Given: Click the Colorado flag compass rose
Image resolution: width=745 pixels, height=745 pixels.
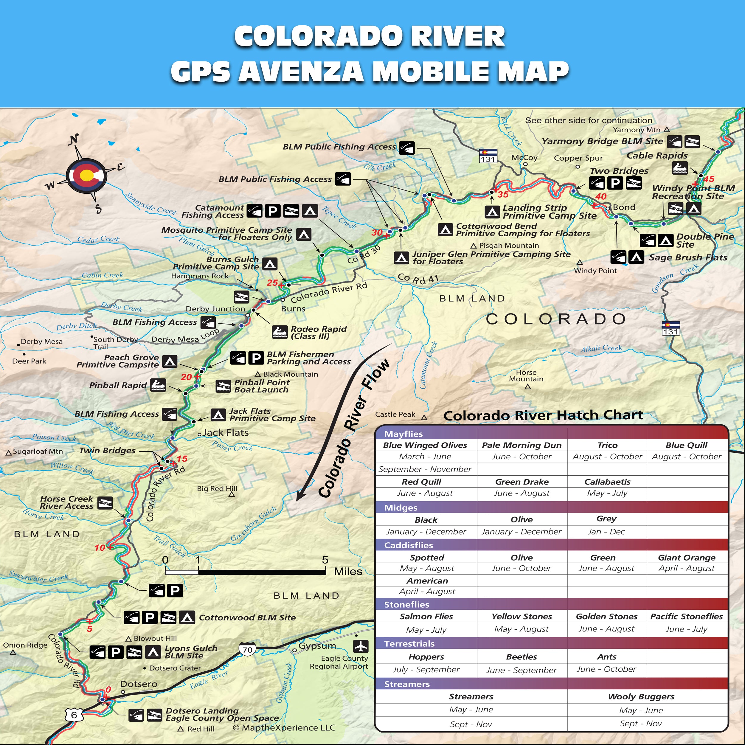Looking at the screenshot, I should pyautogui.click(x=86, y=176).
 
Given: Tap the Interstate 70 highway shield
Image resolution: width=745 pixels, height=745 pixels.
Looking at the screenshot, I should pyautogui.click(x=247, y=650).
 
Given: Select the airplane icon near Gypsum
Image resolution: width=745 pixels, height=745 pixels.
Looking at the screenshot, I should pyautogui.click(x=360, y=645).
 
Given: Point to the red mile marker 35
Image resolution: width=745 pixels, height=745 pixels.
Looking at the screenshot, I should pyautogui.click(x=503, y=194).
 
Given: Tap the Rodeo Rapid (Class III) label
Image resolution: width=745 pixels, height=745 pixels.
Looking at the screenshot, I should pyautogui.click(x=318, y=332).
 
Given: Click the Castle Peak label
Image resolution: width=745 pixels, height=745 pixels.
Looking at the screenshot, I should pyautogui.click(x=395, y=415).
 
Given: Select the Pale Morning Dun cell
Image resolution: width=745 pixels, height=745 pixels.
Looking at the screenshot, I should pyautogui.click(x=522, y=445).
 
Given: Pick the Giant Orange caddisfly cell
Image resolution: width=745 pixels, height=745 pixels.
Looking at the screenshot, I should pyautogui.click(x=686, y=558).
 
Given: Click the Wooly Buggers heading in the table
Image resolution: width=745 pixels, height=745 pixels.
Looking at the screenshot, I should pyautogui.click(x=641, y=696).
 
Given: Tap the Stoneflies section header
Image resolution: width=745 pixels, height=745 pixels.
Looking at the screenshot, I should pyautogui.click(x=406, y=605).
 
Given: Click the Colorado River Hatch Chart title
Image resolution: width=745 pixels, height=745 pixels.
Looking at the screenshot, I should pyautogui.click(x=543, y=415).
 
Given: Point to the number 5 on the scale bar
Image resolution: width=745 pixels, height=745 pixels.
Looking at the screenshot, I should pyautogui.click(x=325, y=560).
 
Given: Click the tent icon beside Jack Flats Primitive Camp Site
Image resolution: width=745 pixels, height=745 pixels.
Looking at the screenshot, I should pyautogui.click(x=218, y=415).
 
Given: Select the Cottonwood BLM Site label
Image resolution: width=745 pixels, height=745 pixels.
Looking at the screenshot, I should pyautogui.click(x=247, y=618).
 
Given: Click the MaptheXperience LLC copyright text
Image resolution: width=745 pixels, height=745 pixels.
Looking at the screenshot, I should pyautogui.click(x=284, y=728).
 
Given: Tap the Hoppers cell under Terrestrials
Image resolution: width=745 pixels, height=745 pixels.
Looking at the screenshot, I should pyautogui.click(x=426, y=657).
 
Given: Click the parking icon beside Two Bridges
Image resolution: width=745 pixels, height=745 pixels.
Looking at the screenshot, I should pyautogui.click(x=615, y=183).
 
